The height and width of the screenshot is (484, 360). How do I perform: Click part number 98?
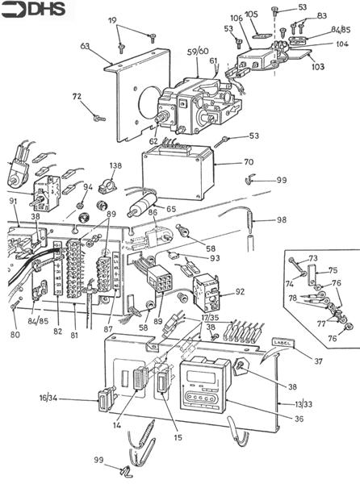click(x=280, y=220)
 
